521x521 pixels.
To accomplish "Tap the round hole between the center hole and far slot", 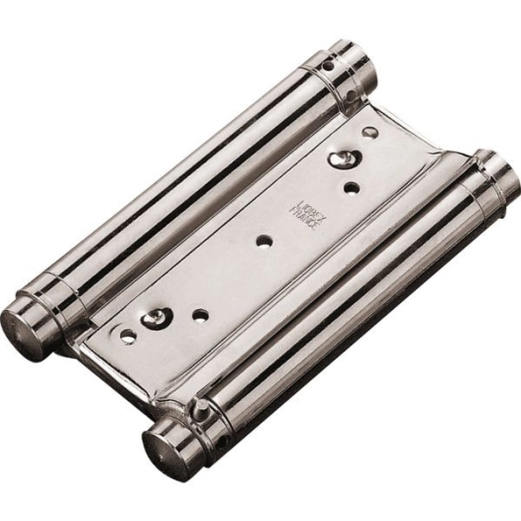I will pyautogui.click(x=201, y=315).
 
